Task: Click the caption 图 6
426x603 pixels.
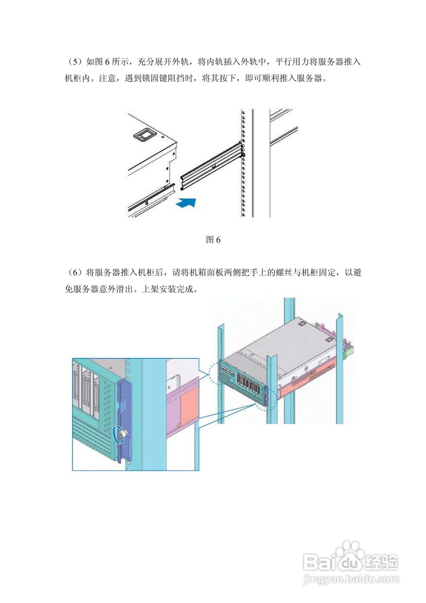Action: (213, 240)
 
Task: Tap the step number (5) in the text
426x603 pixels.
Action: (74, 62)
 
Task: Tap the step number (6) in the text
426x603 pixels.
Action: (74, 273)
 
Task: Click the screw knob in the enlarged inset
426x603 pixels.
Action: (122, 435)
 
